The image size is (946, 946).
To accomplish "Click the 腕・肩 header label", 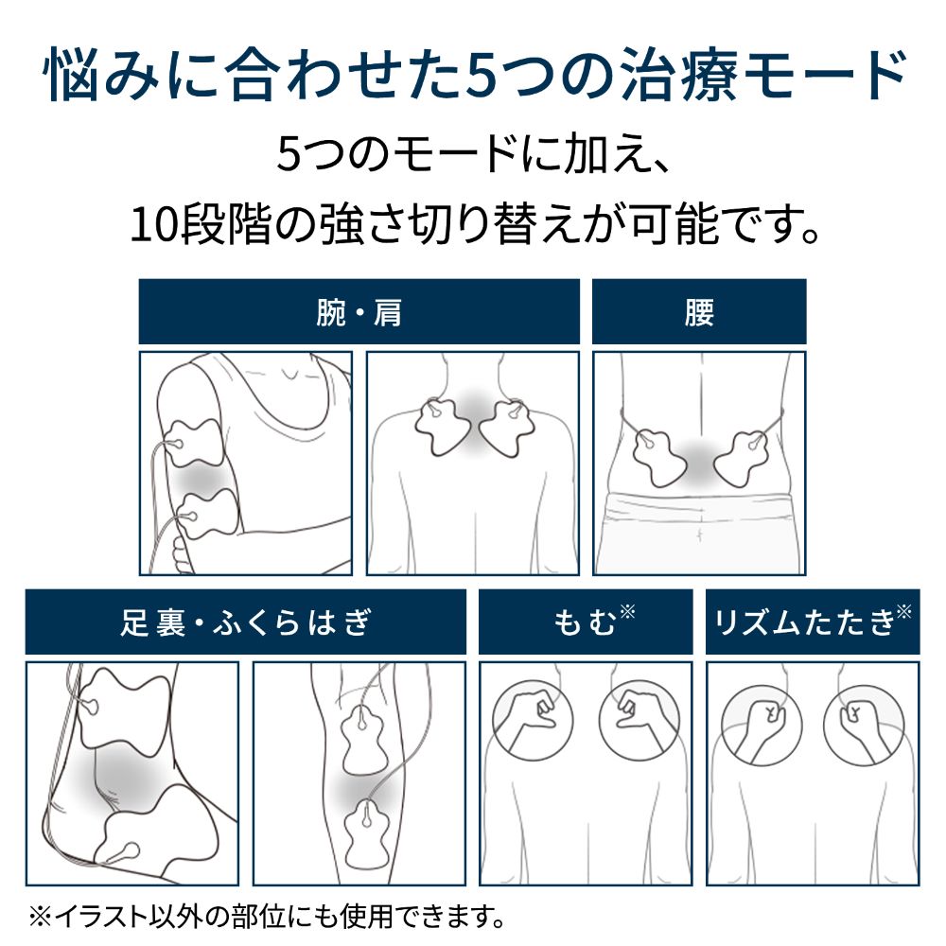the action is pyautogui.click(x=359, y=312).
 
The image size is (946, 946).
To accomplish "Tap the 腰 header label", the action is pyautogui.click(x=699, y=312).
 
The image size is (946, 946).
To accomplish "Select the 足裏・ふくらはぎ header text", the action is pyautogui.click(x=246, y=622).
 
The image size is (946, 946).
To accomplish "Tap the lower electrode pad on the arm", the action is pyautogui.click(x=208, y=513).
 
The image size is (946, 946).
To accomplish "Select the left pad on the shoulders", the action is pyautogui.click(x=442, y=427).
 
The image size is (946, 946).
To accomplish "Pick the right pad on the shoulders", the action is pyautogui.click(x=507, y=427).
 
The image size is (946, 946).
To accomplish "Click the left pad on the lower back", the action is pyautogui.click(x=658, y=458).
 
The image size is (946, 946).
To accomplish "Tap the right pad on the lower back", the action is pyautogui.click(x=741, y=458).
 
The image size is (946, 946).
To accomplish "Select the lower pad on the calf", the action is pyautogui.click(x=367, y=827).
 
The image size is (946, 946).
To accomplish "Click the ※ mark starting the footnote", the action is pyautogui.click(x=40, y=917).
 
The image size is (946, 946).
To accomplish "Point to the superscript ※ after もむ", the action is pyautogui.click(x=627, y=612).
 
